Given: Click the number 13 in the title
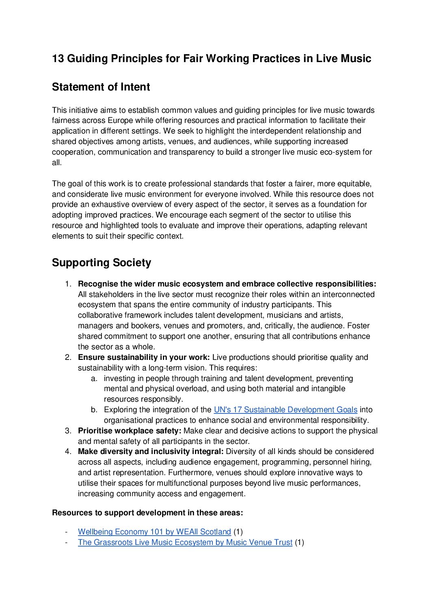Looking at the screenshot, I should point(58,59).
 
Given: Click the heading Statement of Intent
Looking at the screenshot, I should point(101,87).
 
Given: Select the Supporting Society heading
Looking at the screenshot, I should point(101,263).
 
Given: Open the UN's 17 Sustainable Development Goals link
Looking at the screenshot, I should point(285,410).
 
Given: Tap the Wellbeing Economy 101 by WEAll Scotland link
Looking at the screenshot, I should point(154,532).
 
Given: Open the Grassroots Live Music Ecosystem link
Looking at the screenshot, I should point(185,542).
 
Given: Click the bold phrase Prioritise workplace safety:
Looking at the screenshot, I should point(130,431).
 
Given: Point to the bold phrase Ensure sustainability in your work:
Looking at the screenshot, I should point(144,357).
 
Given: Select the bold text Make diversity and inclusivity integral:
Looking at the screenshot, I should point(151,452).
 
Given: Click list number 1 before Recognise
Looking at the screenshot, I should point(68,284).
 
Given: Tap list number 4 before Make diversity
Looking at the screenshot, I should point(68,452).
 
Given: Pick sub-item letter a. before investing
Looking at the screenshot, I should point(94,379).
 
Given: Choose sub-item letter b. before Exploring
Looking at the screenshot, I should point(94,410).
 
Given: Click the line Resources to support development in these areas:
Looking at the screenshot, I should point(147,513).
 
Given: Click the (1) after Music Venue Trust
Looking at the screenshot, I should point(299,542).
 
